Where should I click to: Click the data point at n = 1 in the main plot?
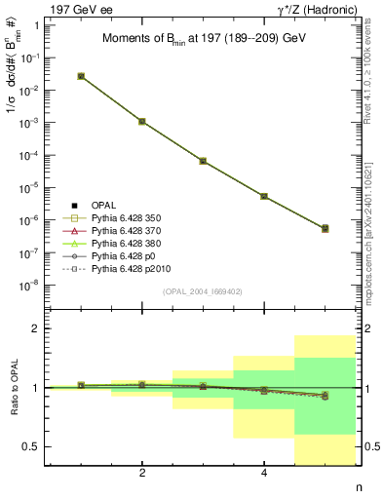coord(81,76)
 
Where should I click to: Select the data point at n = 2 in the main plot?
coord(142,122)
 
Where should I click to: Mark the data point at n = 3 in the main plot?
coord(203,161)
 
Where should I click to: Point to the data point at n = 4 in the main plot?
coord(264,196)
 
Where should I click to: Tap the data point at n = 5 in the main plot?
coord(325,228)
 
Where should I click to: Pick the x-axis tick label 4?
coord(264,474)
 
